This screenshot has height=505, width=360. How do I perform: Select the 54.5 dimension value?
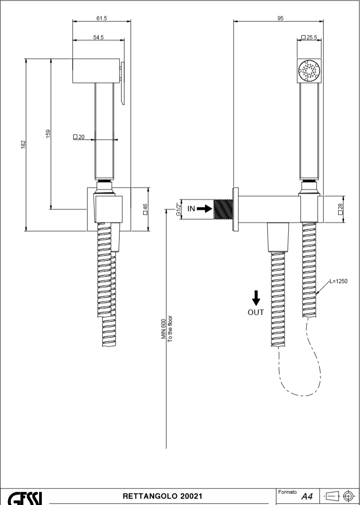[99, 37]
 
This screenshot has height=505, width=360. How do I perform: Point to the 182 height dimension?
[23, 144]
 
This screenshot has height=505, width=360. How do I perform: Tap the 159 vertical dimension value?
[48, 134]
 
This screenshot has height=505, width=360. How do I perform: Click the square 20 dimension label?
[79, 136]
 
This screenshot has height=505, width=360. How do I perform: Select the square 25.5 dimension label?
[309, 37]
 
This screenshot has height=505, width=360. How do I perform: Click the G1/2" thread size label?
[178, 209]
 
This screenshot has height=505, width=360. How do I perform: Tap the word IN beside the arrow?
[191, 209]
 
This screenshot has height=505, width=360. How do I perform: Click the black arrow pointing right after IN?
[205, 209]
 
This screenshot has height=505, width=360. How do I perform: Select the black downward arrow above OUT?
[256, 298]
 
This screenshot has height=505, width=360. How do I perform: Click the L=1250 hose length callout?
[338, 282]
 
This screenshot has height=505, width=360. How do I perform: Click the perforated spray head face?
[309, 71]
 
